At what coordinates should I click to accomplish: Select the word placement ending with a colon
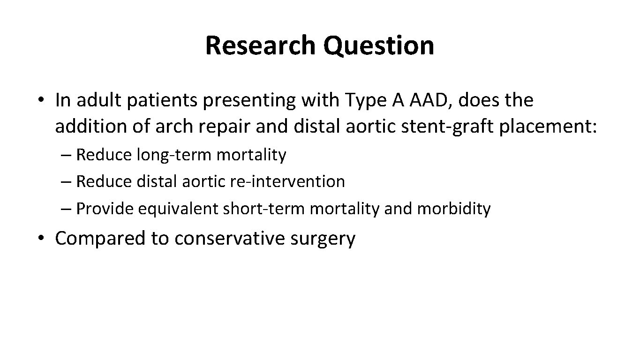(x=549, y=127)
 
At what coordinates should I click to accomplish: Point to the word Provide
(x=105, y=209)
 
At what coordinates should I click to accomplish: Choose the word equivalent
(x=178, y=209)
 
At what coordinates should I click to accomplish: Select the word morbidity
(x=453, y=209)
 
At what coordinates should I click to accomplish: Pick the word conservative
(x=230, y=238)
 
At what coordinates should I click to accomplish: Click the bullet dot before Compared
(x=42, y=238)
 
